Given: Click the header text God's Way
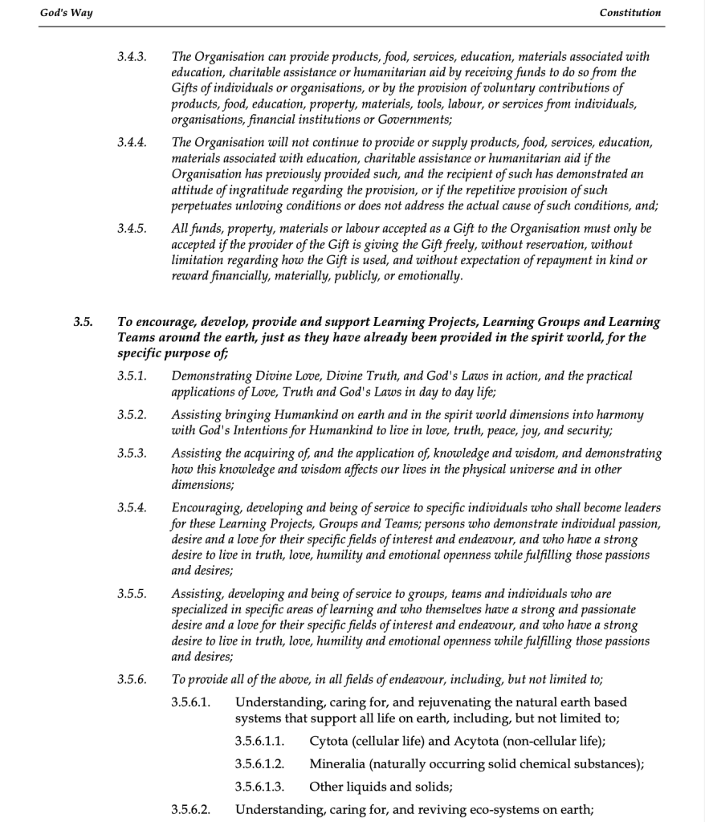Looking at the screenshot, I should click(x=66, y=12).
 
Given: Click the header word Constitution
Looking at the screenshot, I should click(x=630, y=12).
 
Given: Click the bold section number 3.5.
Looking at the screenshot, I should click(x=83, y=322).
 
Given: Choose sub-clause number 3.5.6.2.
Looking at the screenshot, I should click(x=191, y=808).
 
